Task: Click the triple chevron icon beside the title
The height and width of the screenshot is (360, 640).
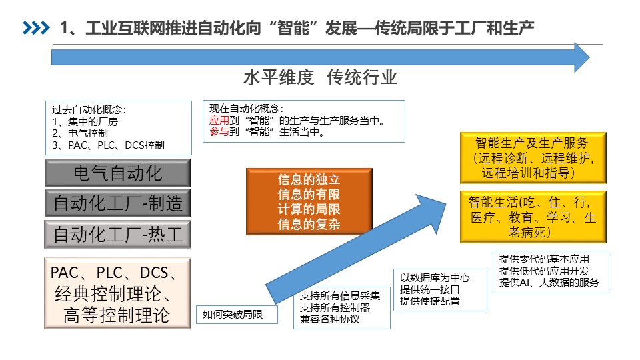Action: (x=36, y=28)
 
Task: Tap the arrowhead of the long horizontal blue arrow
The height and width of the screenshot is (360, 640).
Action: (x=581, y=57)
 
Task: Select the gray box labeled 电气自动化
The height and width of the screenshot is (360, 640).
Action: (x=117, y=173)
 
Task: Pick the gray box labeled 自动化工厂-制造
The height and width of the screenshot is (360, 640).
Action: (x=117, y=203)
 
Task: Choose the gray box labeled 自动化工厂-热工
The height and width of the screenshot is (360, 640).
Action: (x=117, y=234)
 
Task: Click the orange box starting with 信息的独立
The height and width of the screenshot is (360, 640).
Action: (x=309, y=201)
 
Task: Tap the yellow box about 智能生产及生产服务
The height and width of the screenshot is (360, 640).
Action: (x=533, y=157)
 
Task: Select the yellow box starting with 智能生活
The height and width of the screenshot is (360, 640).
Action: (x=533, y=217)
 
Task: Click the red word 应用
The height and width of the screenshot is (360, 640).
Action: (x=219, y=121)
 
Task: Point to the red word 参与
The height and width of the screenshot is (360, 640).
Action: (x=219, y=132)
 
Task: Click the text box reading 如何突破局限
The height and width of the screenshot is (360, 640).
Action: (x=237, y=314)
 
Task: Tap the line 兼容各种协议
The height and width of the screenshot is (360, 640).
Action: (x=330, y=319)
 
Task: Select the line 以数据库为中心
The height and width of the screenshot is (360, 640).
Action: (x=435, y=278)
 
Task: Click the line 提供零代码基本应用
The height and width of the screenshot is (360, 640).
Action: (x=544, y=259)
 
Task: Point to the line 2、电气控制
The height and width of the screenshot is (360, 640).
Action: (x=80, y=133)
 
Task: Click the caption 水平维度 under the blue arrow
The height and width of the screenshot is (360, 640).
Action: (x=279, y=77)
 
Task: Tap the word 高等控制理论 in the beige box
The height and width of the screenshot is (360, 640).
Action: (x=116, y=315)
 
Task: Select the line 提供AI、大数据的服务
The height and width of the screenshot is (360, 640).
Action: (x=549, y=283)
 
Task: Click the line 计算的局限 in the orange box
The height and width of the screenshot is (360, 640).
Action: (x=309, y=209)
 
